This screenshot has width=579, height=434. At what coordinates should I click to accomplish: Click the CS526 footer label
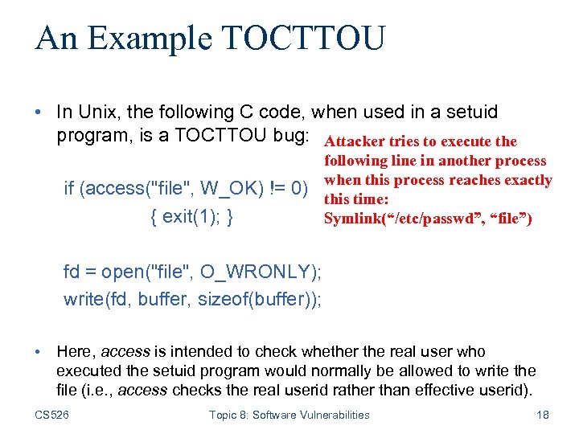[x=52, y=415]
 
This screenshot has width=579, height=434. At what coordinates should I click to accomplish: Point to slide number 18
[x=541, y=415]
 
